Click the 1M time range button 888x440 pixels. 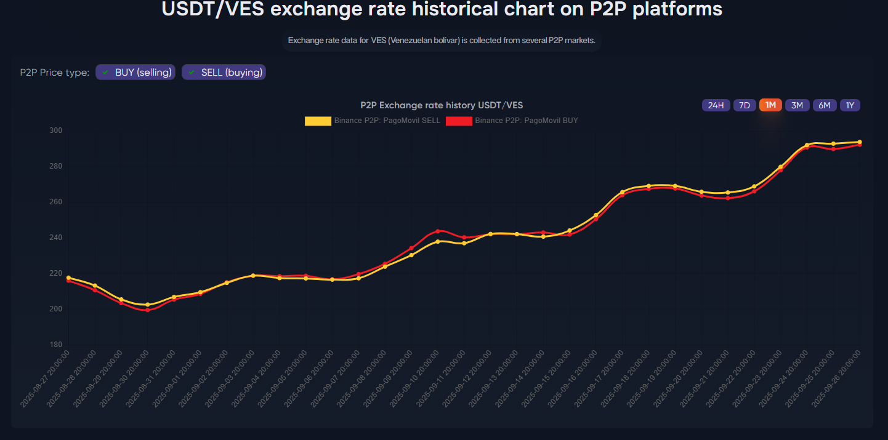(x=770, y=105)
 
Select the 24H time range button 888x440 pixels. (x=716, y=105)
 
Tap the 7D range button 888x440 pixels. (x=744, y=105)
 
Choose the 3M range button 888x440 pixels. (x=797, y=105)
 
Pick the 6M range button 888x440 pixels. (x=824, y=105)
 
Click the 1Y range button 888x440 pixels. (x=850, y=105)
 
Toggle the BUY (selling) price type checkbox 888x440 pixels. (x=135, y=73)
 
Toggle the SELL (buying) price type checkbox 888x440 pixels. (x=224, y=73)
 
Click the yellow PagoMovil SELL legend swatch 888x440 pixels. (x=318, y=121)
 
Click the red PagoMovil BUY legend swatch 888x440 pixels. (x=459, y=121)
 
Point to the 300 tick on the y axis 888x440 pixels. (x=56, y=130)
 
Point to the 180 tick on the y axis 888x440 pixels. (x=56, y=345)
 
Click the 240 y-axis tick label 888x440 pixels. (x=56, y=238)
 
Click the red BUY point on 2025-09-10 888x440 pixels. (x=438, y=231)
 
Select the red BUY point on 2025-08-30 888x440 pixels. (x=147, y=310)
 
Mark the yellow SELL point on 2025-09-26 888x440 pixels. (x=860, y=142)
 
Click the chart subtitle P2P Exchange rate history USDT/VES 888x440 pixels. (x=442, y=105)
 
